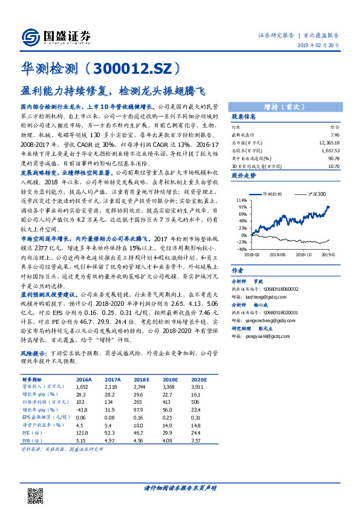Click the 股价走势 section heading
(x=244, y=176)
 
